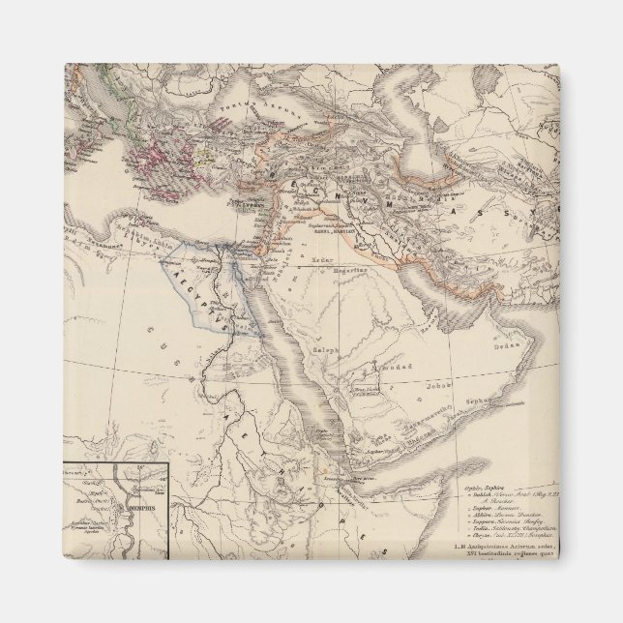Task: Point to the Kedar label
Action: [322, 260]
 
